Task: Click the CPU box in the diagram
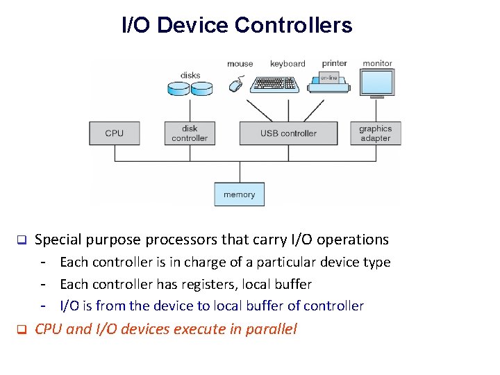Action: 115,133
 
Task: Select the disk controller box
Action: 190,133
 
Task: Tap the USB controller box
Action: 288,133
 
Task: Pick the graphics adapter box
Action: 375,133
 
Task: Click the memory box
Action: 239,194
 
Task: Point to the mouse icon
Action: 236,85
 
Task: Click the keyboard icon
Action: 275,84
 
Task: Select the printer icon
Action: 335,83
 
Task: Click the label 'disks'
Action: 190,75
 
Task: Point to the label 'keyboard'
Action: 287,64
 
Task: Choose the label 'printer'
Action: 334,63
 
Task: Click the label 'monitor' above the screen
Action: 377,63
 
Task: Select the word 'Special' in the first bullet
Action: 58,240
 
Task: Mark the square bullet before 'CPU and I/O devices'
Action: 21,329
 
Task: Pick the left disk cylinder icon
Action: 179,88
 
